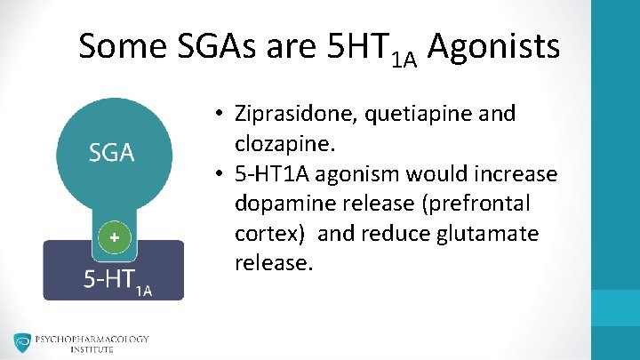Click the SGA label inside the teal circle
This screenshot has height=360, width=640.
tap(111, 153)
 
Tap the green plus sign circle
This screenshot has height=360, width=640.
tap(113, 237)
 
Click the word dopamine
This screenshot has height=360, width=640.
tap(279, 204)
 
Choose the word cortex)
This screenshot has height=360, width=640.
tap(270, 234)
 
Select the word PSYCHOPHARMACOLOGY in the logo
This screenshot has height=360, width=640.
tap(93, 339)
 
